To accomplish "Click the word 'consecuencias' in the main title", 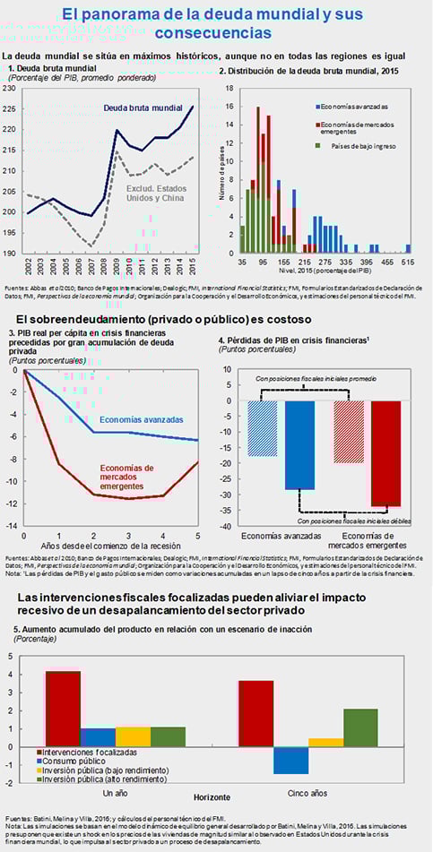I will pos(213,33).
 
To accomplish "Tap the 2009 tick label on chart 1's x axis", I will pos(117,267).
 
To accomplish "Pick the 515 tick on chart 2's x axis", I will pos(408,263).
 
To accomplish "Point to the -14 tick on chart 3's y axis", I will pos(12,525).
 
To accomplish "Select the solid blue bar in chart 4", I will pos(299,445).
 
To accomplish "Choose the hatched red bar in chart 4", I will pos(350,432).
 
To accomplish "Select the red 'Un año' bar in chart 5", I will pos(63,709).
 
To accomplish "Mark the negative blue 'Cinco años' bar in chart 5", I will pos(290,760).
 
